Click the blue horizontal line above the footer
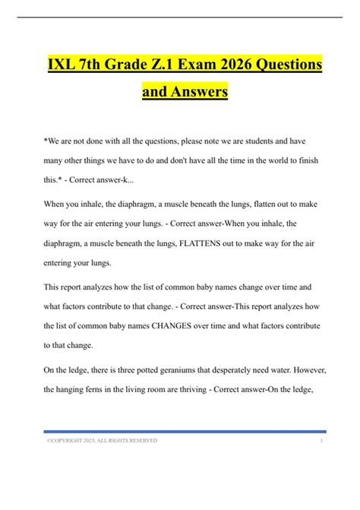point(180,431)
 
